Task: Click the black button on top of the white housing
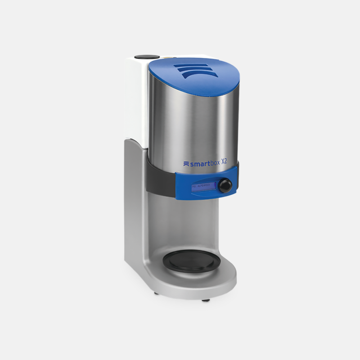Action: click(144, 57)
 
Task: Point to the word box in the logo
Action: click(218, 164)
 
